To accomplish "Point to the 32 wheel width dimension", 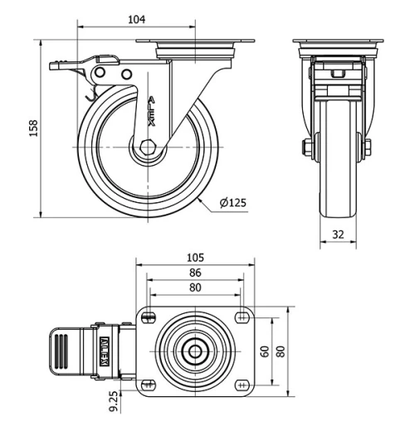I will [x=339, y=235].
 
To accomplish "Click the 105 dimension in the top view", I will [x=196, y=258].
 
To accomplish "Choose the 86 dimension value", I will [x=196, y=272].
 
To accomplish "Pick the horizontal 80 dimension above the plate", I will [x=196, y=288].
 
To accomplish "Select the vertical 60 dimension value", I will [x=264, y=351].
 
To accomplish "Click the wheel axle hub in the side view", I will [x=148, y=150].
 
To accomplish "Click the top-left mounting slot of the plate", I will [x=149, y=316].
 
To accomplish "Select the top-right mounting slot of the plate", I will [x=242, y=316].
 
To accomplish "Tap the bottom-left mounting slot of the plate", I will [x=149, y=384].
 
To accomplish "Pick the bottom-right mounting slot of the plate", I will [x=242, y=384].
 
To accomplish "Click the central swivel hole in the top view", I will [x=195, y=350].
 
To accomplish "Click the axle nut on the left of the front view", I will [x=307, y=148].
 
